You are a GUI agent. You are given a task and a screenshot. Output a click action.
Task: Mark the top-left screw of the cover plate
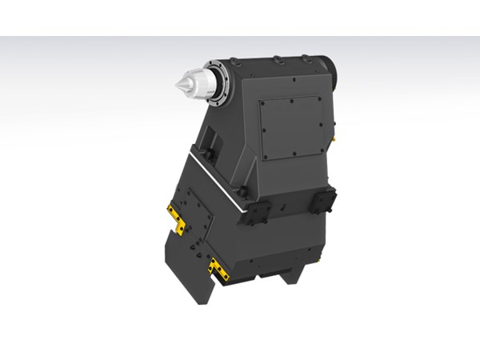(x=264, y=102)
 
